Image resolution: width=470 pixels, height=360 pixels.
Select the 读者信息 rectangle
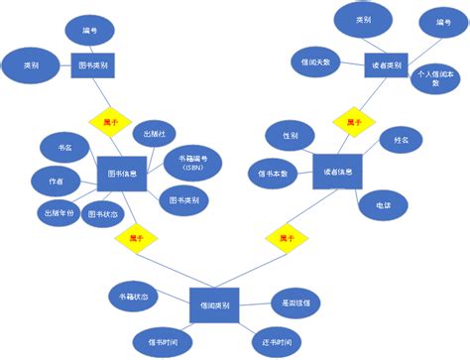pos(337,172)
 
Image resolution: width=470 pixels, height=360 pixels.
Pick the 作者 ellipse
pos(57,181)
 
